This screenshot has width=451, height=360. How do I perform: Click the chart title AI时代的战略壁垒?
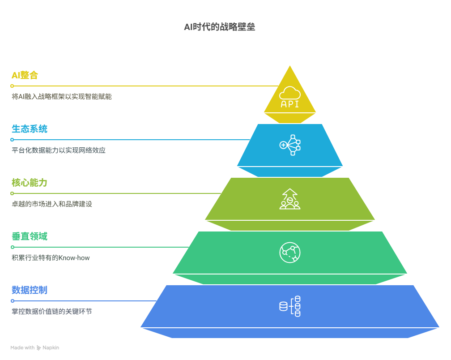coord(219,27)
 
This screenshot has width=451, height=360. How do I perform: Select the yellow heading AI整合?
coord(25,75)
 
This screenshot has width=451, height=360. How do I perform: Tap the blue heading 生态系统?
coord(30,129)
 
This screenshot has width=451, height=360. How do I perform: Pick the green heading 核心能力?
coord(30,183)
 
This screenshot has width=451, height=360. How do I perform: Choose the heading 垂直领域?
coord(30,236)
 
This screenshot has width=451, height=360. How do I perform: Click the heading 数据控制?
coord(30,290)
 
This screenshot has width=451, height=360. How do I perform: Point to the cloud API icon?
coord(290,97)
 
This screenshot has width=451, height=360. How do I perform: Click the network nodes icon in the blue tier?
coord(290,145)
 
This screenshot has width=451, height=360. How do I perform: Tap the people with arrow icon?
coord(290,199)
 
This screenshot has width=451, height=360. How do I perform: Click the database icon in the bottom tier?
coord(290,306)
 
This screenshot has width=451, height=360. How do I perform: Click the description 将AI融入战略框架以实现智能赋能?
coord(62,97)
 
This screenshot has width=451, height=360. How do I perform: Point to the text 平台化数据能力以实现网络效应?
coord(59,150)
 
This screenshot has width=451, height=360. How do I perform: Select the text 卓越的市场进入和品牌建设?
coord(52,204)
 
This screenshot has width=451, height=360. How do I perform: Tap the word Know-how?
coord(74,258)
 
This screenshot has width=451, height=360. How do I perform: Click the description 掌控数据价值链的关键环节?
coord(52,311)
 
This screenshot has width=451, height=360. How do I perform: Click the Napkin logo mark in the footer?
coord(39,348)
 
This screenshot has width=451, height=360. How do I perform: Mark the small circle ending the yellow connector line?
coord(12,86)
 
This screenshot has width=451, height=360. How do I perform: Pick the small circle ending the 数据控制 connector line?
coord(13,301)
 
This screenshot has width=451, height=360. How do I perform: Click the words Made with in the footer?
coord(22,347)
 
